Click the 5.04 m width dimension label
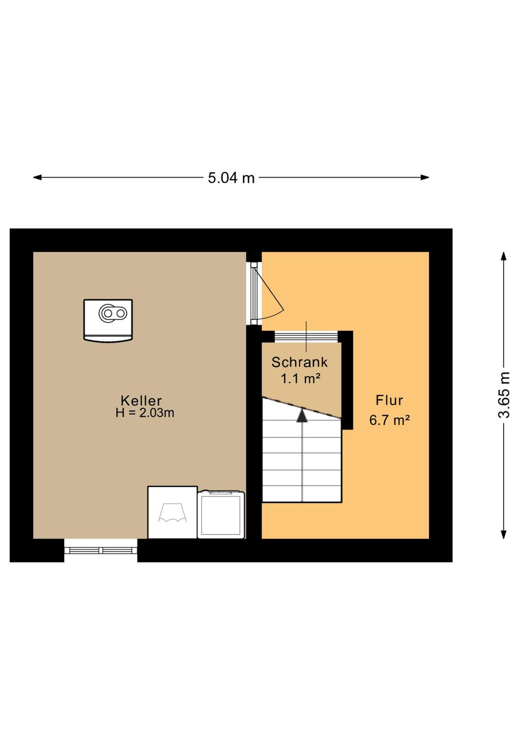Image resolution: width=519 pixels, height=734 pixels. click(x=231, y=178)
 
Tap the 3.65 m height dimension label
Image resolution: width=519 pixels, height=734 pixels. click(x=504, y=395)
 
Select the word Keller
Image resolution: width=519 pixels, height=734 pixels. click(x=141, y=401)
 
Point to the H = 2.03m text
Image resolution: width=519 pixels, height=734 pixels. click(x=145, y=413)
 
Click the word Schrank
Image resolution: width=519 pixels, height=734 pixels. click(x=299, y=362)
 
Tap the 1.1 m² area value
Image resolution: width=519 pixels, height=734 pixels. click(x=300, y=378)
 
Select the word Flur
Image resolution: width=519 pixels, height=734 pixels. click(x=389, y=400)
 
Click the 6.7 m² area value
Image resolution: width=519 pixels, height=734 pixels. click(x=389, y=420)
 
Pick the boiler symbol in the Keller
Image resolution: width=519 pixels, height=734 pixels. click(x=108, y=320)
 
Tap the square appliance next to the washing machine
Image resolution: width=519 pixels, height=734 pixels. click(x=221, y=514)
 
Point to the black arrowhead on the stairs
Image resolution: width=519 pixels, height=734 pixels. click(x=302, y=416)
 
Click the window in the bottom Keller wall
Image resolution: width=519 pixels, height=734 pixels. click(x=100, y=550)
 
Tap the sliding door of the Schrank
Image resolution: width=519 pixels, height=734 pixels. click(x=306, y=337)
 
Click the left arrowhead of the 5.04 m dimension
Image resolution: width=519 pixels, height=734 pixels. click(x=37, y=178)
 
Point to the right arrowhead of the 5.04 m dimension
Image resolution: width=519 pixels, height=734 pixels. click(x=425, y=178)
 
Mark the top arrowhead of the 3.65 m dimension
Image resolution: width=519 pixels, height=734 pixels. click(x=504, y=256)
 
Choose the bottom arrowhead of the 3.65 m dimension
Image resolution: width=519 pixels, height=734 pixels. click(x=504, y=534)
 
